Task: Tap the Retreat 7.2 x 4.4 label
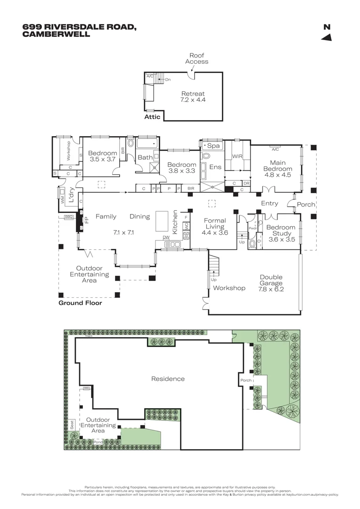tap(193, 97)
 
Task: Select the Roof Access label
tap(196, 58)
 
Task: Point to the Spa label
tap(214, 146)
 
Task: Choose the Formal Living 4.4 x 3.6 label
tap(214, 226)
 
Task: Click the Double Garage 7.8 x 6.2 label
tap(270, 280)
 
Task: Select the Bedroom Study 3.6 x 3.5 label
tap(281, 233)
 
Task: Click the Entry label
tap(269, 204)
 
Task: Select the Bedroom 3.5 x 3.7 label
tap(102, 156)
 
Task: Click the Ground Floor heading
tap(80, 303)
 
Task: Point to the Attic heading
tap(152, 117)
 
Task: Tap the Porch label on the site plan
tap(246, 380)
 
